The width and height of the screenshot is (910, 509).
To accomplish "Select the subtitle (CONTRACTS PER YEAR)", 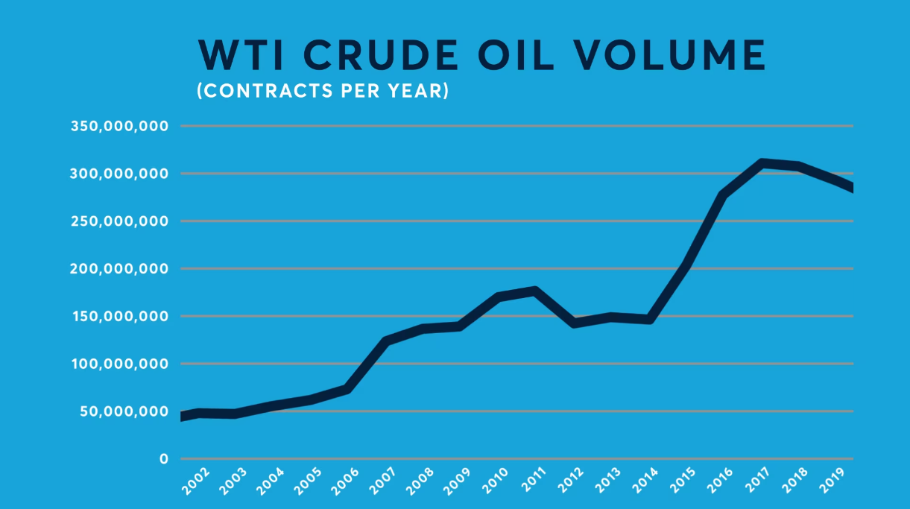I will tap(322, 91).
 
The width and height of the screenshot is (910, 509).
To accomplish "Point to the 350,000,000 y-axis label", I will tap(119, 126).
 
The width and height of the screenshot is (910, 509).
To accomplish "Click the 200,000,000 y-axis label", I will tap(119, 268).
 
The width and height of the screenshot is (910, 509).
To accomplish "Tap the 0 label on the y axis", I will tap(163, 459).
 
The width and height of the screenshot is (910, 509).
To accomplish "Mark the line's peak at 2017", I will tap(761, 162).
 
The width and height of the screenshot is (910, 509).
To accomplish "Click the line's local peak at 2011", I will tap(534, 291).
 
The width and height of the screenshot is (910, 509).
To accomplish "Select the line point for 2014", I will tap(648, 320).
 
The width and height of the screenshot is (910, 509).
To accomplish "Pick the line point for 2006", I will tap(347, 389).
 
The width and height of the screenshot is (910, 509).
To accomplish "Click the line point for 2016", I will tap(723, 195).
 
